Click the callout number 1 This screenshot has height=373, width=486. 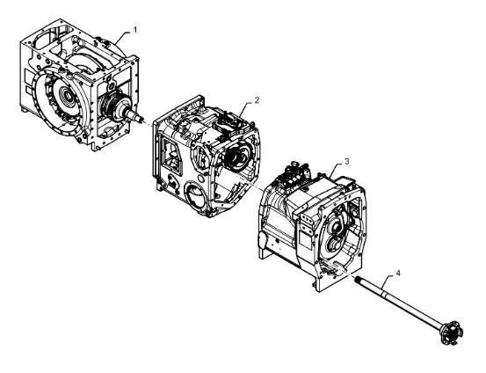[x=134, y=30]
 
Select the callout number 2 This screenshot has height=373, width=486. [x=257, y=100]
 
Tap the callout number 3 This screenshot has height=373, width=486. [x=347, y=162]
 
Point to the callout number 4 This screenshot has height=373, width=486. [x=398, y=273]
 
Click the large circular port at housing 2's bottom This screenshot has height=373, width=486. [x=195, y=195]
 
